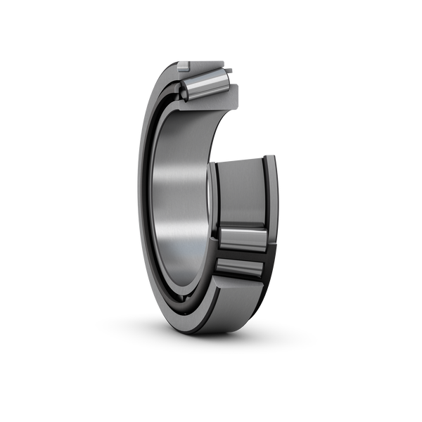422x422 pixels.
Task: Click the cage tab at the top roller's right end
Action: (230, 70)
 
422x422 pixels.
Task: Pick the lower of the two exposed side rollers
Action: (239, 269)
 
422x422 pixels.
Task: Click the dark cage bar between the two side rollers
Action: (239, 254)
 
